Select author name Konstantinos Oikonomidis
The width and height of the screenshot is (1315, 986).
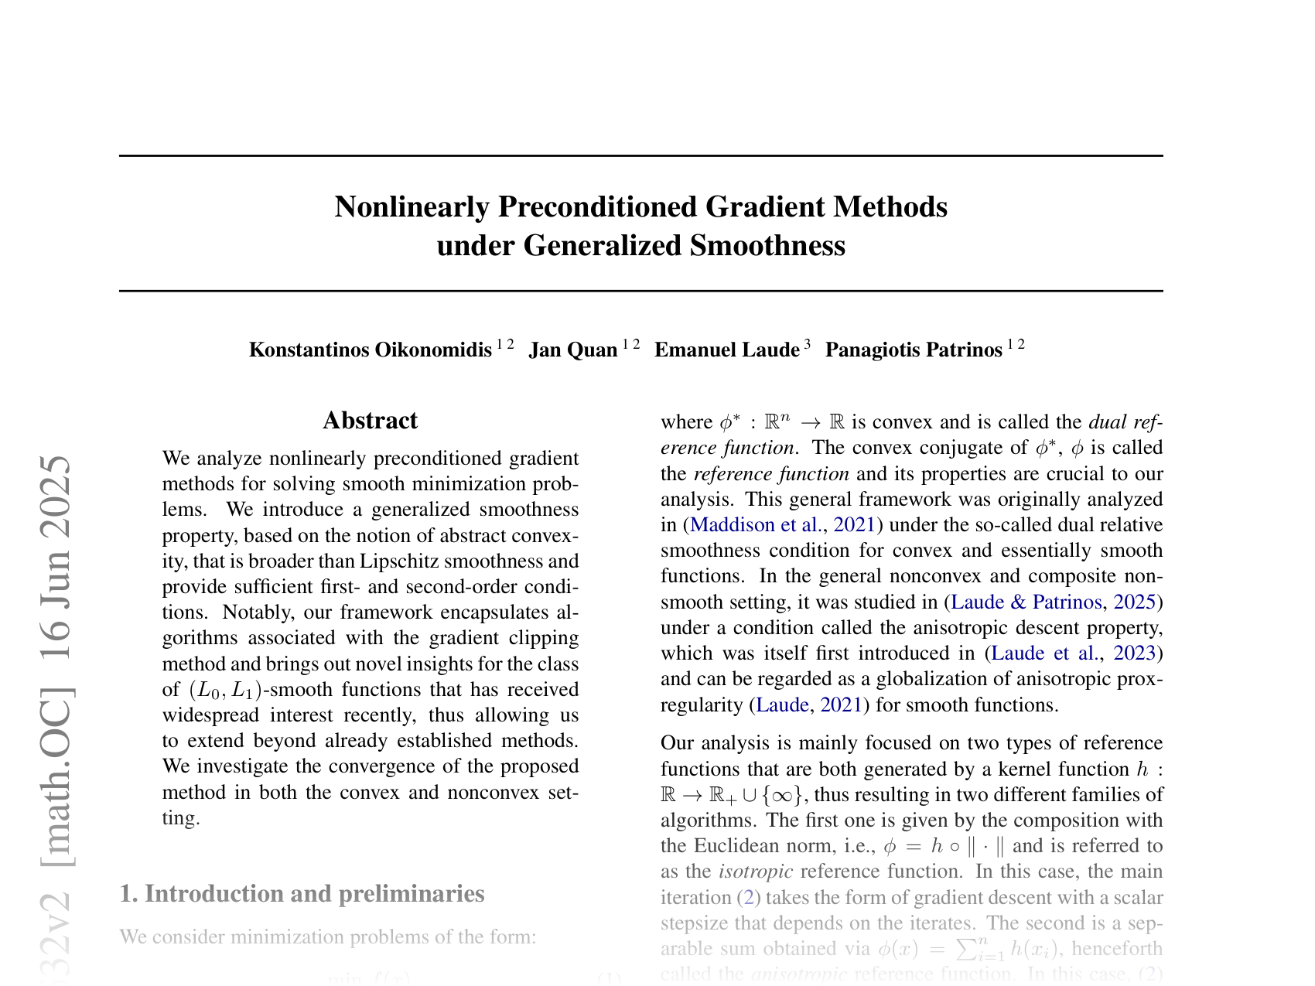pyautogui.click(x=370, y=350)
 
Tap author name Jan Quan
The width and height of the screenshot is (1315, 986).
pyautogui.click(x=572, y=350)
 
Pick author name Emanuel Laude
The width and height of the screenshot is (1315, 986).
pyautogui.click(x=726, y=350)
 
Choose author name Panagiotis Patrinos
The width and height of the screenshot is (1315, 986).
pyautogui.click(x=913, y=350)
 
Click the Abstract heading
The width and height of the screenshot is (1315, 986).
pyautogui.click(x=370, y=421)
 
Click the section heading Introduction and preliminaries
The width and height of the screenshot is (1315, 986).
pyautogui.click(x=302, y=894)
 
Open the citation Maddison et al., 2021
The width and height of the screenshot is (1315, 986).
pyautogui.click(x=782, y=525)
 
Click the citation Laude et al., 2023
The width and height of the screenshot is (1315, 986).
pyautogui.click(x=1073, y=653)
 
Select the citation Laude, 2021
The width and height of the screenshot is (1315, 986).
pyautogui.click(x=808, y=705)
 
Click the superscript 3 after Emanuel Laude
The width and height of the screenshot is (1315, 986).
pyautogui.click(x=808, y=345)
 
